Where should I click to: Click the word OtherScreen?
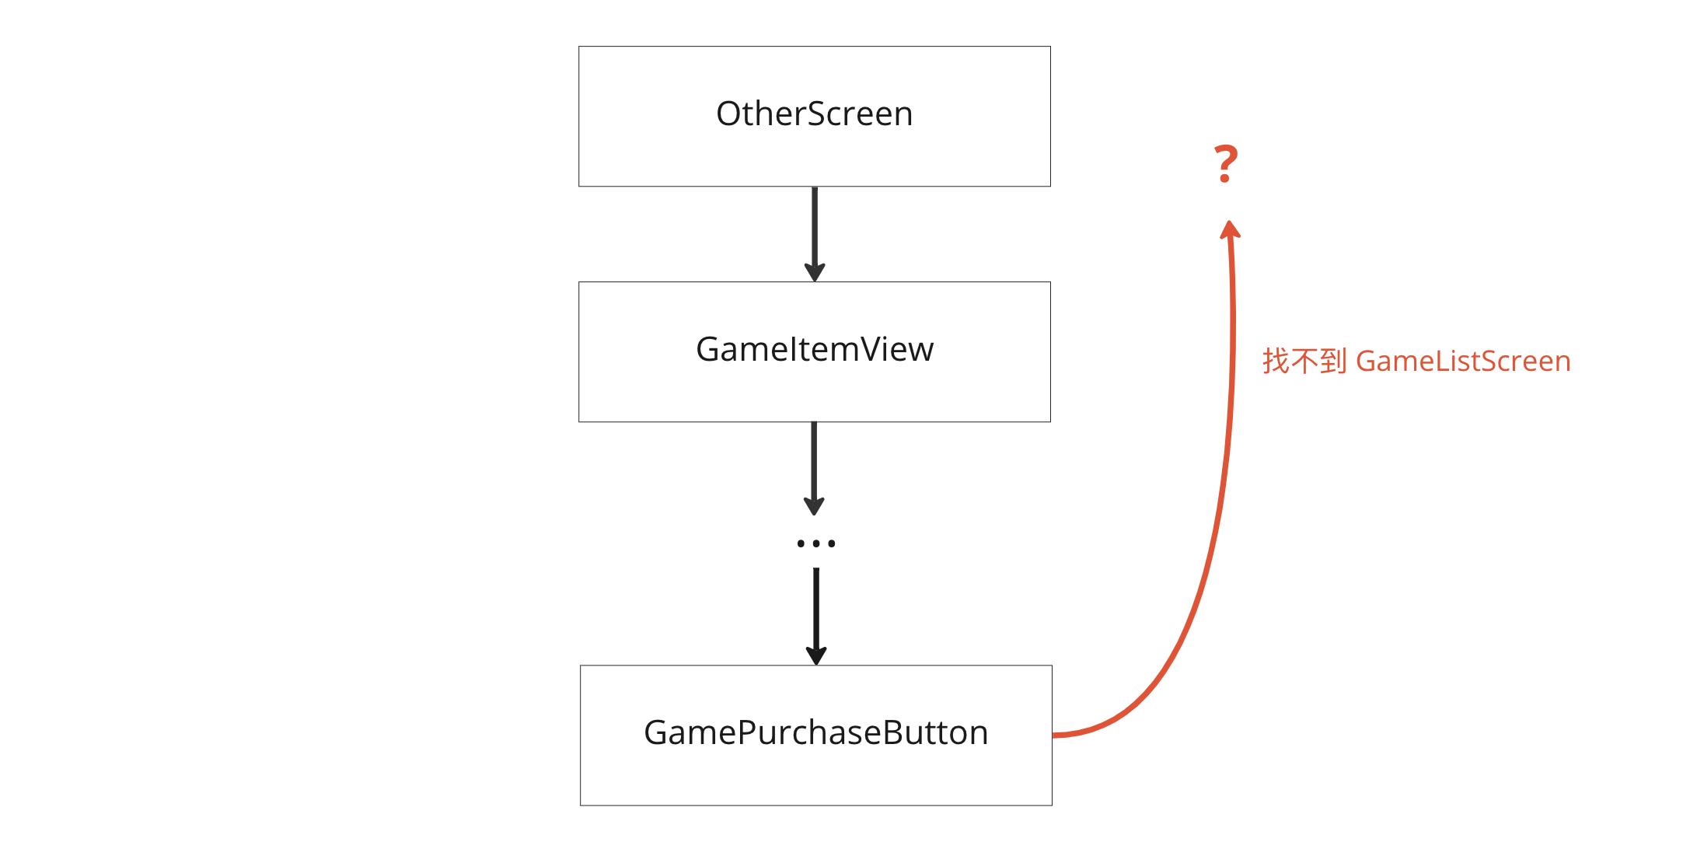814,114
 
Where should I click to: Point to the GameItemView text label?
814,350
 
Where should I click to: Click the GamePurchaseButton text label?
815,733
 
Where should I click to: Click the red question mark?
1226,164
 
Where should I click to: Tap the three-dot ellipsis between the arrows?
815,543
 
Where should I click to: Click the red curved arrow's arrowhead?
1230,229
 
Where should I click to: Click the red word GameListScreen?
1463,362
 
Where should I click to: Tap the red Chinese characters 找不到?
1304,362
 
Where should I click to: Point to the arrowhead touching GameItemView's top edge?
814,272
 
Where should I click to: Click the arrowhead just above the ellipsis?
814,506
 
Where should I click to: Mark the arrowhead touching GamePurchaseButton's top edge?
815,655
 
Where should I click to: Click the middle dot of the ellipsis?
815,543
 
